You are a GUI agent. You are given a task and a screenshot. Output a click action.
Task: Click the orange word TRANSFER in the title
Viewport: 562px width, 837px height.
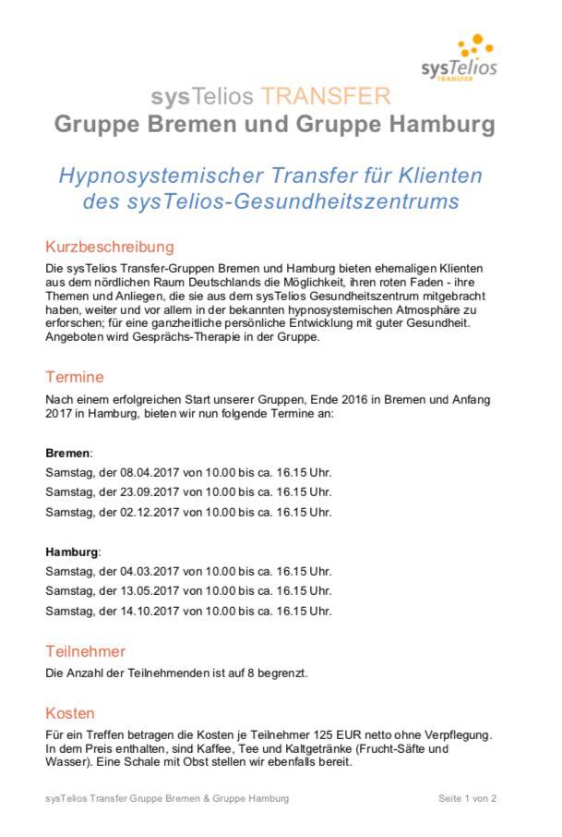click(x=326, y=96)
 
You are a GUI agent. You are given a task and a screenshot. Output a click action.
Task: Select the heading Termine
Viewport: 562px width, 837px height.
click(x=75, y=377)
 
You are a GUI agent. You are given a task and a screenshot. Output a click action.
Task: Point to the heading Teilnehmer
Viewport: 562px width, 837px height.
click(x=86, y=651)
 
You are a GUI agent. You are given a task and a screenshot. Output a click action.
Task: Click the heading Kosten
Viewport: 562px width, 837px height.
click(x=70, y=713)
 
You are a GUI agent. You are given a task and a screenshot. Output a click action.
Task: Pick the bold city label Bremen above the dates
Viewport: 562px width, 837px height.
click(x=68, y=454)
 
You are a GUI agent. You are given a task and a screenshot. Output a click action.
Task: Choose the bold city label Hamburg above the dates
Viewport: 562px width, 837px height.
click(x=73, y=552)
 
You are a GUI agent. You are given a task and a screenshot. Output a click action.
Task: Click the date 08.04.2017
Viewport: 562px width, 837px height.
click(x=149, y=473)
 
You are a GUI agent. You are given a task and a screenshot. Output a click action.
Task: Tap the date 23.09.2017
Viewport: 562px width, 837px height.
click(x=149, y=492)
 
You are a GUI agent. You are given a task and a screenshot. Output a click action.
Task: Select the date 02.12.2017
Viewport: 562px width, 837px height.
click(x=149, y=512)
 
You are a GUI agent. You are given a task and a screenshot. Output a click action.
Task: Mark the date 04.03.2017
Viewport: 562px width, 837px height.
click(x=149, y=571)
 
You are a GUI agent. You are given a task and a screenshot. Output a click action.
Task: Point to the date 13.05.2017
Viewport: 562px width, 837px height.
click(x=149, y=590)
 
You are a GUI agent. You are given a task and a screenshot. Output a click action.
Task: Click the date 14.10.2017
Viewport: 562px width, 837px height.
click(x=149, y=611)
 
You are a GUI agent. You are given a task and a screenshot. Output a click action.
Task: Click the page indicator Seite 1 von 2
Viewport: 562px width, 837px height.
click(x=468, y=798)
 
